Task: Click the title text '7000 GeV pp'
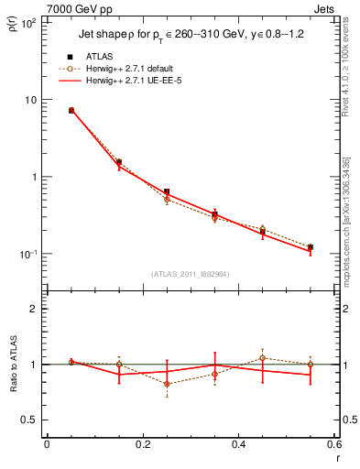[73, 8]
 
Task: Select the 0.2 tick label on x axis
[142, 446]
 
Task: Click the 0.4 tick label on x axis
[238, 446]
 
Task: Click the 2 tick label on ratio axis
[33, 310]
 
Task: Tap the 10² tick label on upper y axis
[27, 22]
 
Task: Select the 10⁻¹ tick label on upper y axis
[27, 254]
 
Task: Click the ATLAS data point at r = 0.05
[71, 110]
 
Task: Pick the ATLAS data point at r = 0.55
[311, 247]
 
